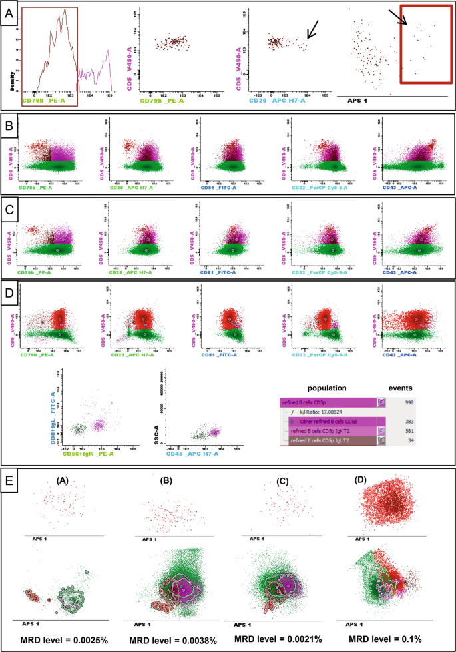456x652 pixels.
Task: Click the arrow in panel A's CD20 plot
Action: pyautogui.click(x=312, y=30)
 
